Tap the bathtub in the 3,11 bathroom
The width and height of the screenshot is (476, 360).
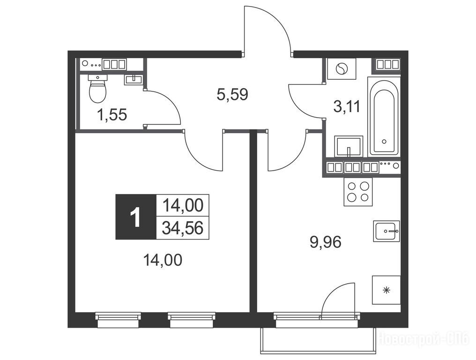(x=384, y=117)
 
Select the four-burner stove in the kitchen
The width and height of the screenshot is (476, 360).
(x=358, y=191)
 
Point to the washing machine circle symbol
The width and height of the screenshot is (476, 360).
(x=341, y=68)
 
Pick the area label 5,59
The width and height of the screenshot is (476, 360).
(x=232, y=95)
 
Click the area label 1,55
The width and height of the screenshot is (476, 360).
(x=112, y=115)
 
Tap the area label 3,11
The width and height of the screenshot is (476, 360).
(x=347, y=106)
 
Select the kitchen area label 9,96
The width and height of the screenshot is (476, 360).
(x=326, y=242)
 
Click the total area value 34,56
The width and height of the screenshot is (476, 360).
(x=182, y=228)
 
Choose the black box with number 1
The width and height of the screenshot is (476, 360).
(x=136, y=217)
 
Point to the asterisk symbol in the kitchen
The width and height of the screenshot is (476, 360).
(x=387, y=290)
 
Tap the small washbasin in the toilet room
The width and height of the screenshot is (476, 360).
(x=133, y=80)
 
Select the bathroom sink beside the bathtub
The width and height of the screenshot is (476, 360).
(x=349, y=146)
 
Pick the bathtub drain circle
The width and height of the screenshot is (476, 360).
(x=384, y=141)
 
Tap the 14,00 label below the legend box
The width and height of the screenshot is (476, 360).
(x=163, y=260)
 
